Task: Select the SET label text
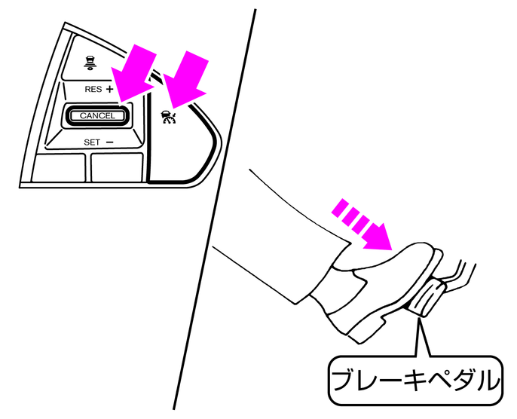[x=92, y=141]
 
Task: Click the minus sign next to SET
[x=110, y=141]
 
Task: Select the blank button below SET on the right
[x=117, y=167]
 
